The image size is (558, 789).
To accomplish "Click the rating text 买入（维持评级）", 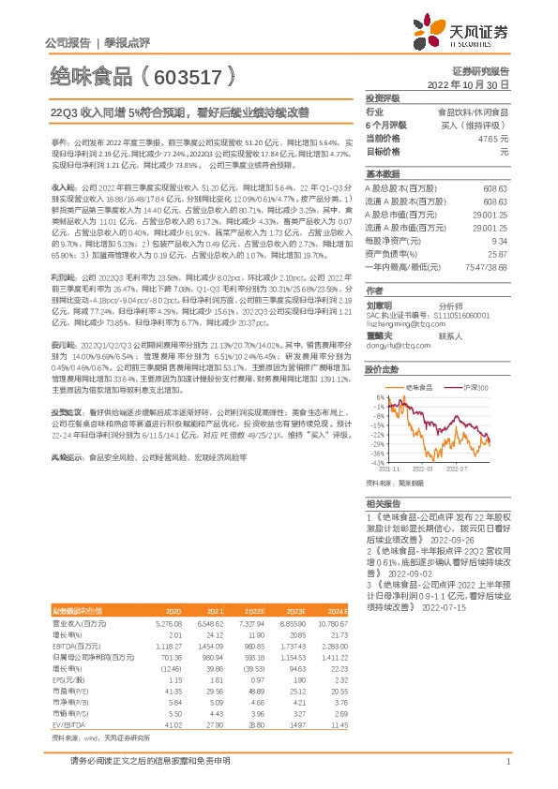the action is [475, 125].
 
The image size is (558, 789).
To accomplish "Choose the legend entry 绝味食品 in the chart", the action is [418, 386].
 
